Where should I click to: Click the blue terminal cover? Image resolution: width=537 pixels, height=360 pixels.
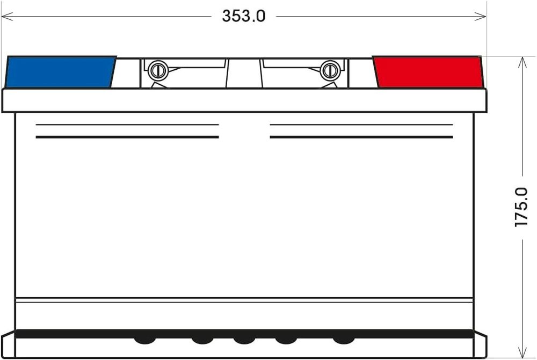click(x=60, y=72)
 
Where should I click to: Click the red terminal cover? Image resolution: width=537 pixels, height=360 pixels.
click(x=429, y=72)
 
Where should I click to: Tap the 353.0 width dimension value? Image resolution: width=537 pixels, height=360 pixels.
click(x=243, y=16)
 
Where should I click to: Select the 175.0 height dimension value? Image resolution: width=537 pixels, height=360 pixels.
click(x=521, y=207)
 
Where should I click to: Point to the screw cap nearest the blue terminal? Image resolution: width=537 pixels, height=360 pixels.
click(x=158, y=70)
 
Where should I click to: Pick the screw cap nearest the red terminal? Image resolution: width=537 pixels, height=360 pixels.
click(x=330, y=70)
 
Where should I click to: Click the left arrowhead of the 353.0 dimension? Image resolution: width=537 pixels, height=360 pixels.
click(x=7, y=16)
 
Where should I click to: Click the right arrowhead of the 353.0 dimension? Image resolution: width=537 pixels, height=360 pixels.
click(x=480, y=16)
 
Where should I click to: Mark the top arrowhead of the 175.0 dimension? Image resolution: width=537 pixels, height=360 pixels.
click(x=523, y=62)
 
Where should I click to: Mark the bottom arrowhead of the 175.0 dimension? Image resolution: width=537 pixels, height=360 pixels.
click(x=523, y=352)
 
